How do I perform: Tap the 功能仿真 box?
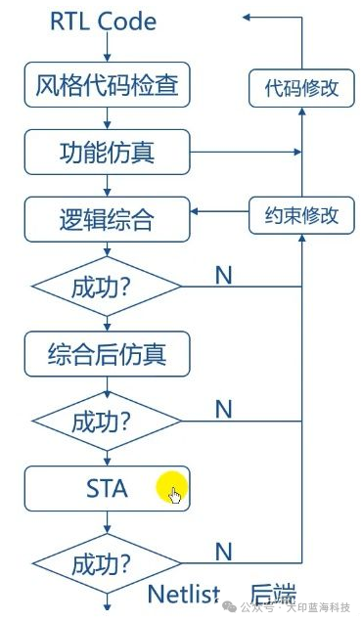[x=107, y=152]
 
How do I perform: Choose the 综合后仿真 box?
[x=107, y=353]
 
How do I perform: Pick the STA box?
[x=107, y=487]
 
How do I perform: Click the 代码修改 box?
[x=301, y=88]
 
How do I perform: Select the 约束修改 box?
[x=301, y=215]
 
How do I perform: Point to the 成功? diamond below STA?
[x=107, y=564]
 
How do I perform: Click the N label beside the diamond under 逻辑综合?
[x=223, y=275]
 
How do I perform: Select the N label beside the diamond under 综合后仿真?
[x=223, y=409]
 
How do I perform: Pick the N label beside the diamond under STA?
[x=223, y=552]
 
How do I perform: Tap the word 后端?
[x=273, y=594]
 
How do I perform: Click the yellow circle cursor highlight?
[x=171, y=488]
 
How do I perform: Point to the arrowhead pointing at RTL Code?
[x=249, y=17]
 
